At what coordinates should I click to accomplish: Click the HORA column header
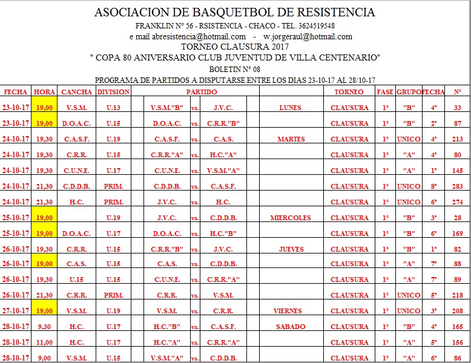[x=45, y=92]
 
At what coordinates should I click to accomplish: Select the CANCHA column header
[x=77, y=92]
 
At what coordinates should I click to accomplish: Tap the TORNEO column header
[x=349, y=92]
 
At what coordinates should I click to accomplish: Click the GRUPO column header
[x=409, y=92]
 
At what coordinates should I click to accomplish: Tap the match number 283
[x=457, y=186]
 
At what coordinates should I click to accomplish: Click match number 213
[x=457, y=139]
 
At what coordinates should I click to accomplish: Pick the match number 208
[x=457, y=311]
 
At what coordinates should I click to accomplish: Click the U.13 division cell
[x=113, y=108]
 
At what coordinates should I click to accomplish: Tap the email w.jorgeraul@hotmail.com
[x=308, y=37]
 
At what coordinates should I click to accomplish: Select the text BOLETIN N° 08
[x=235, y=69]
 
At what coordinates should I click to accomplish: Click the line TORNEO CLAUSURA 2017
[x=235, y=47]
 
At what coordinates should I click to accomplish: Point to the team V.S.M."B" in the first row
[x=170, y=108]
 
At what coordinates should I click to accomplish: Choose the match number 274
[x=457, y=202]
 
